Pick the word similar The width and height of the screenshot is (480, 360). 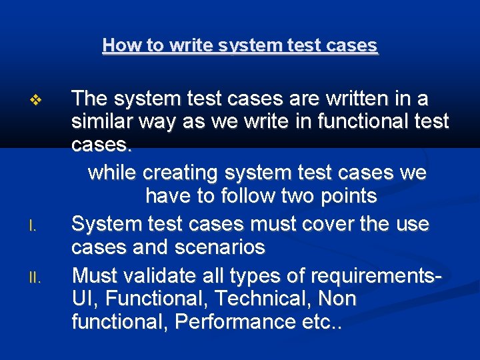point(105,123)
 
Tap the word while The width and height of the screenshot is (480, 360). point(112,173)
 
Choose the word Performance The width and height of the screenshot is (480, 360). point(237,322)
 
